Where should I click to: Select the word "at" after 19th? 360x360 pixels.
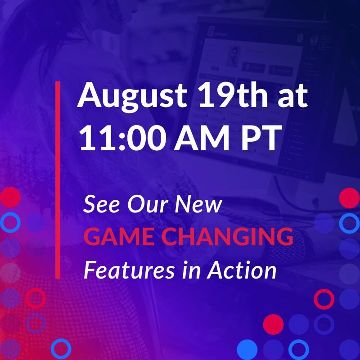pos(292,96)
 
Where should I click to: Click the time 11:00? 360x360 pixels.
pos(123,138)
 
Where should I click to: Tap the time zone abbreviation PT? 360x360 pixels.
pos(261,138)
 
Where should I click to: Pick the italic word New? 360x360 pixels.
pos(198,204)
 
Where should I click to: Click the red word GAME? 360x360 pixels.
pos(119,237)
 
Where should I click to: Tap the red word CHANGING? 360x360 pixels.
pos(227,237)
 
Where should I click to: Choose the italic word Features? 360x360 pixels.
pos(129,270)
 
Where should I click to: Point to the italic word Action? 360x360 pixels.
pos(242,270)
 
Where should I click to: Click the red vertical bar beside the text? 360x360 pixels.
pos(58,180)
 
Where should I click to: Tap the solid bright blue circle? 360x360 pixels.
pos(247,350)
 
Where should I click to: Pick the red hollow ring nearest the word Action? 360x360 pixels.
pos(324,299)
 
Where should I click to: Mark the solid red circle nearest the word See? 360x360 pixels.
pos(10,197)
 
